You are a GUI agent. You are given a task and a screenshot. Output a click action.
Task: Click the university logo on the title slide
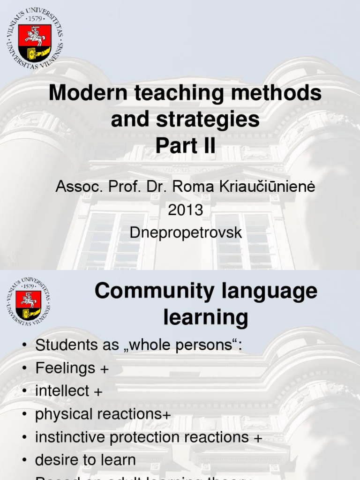[x=34, y=37]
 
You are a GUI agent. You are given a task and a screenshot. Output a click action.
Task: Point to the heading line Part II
[x=185, y=146]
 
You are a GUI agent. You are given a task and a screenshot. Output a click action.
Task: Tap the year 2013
[x=186, y=210]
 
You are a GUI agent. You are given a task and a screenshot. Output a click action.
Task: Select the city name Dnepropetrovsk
[x=186, y=232]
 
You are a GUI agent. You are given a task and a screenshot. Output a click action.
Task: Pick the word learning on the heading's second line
[x=206, y=318]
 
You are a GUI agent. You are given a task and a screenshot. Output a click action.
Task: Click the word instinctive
[x=72, y=437]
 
